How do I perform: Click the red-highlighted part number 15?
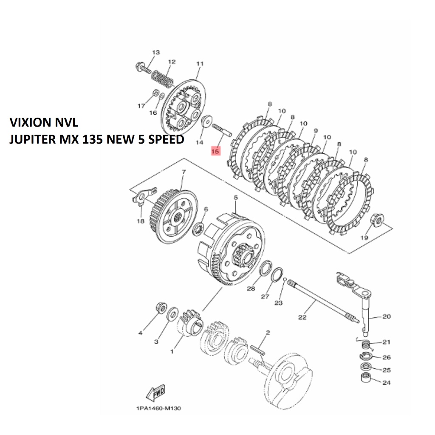215,150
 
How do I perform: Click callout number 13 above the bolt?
156,53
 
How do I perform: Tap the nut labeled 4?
161,307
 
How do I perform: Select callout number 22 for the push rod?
302,317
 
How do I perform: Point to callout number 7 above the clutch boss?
184,172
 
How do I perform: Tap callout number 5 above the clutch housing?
236,198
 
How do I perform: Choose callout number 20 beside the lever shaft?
387,316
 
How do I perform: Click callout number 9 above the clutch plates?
315,131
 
